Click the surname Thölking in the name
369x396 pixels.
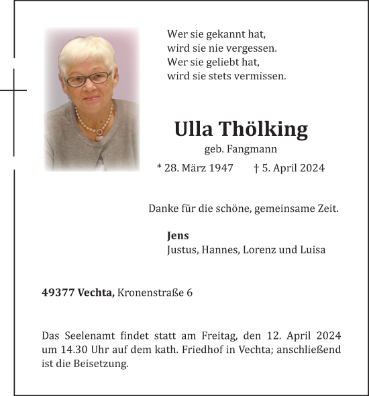pyautogui.click(x=270, y=129)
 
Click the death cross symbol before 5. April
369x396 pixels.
pyautogui.click(x=258, y=168)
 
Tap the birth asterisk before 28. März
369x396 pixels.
pyautogui.click(x=159, y=168)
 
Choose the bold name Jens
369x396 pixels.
pyautogui.click(x=178, y=235)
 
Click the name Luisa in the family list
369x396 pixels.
pyautogui.click(x=312, y=249)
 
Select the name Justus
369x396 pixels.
pyautogui.click(x=181, y=249)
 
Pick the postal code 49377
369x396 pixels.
pyautogui.click(x=58, y=292)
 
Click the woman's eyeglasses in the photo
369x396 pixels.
pyautogui.click(x=89, y=79)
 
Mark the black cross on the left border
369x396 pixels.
pyautogui.click(x=13, y=89)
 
